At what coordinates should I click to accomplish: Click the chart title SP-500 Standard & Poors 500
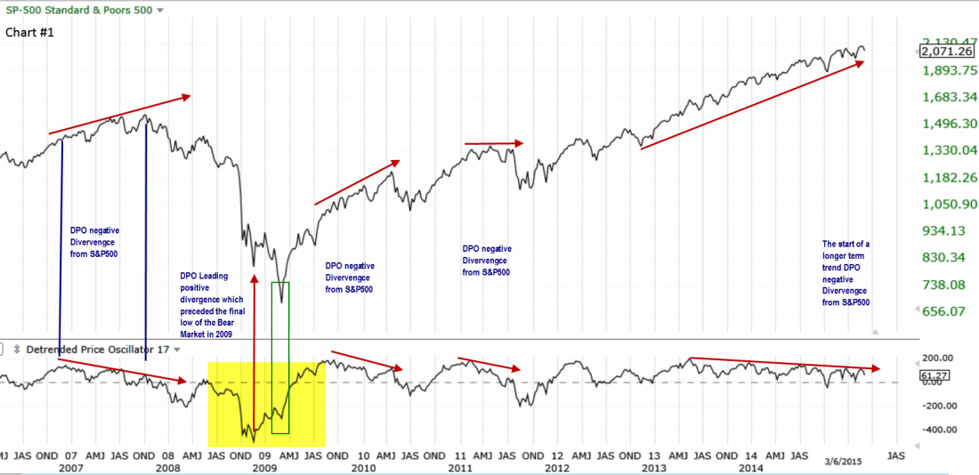click(x=78, y=10)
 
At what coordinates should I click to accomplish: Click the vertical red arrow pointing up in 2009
click(x=255, y=356)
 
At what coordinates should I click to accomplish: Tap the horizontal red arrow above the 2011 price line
click(x=494, y=142)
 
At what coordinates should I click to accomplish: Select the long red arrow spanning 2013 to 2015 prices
click(x=752, y=105)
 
